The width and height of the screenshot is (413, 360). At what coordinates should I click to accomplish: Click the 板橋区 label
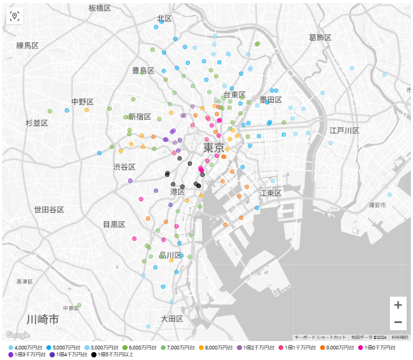click(100, 8)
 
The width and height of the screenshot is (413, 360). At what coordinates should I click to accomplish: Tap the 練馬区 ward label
click(27, 46)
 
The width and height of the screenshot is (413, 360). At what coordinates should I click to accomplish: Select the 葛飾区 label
click(320, 37)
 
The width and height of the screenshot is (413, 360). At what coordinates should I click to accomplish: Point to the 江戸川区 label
click(344, 130)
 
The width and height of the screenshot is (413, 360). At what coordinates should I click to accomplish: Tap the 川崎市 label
click(43, 320)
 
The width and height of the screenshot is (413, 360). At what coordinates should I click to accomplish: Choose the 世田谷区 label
click(49, 210)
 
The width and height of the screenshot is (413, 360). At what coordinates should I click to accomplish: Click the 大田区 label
click(172, 319)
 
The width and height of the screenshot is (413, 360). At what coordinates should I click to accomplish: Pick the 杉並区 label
click(37, 123)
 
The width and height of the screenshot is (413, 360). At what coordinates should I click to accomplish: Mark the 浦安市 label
click(378, 204)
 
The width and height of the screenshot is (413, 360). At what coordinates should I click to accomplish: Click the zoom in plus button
click(398, 305)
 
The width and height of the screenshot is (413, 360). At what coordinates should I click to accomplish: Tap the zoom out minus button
click(398, 322)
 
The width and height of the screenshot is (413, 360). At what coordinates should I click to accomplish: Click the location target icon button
click(14, 16)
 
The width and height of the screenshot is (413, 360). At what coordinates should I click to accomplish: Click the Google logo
click(17, 335)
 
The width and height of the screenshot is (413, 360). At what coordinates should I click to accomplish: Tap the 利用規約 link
click(399, 337)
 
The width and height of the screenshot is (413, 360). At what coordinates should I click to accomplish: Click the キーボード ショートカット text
click(320, 337)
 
